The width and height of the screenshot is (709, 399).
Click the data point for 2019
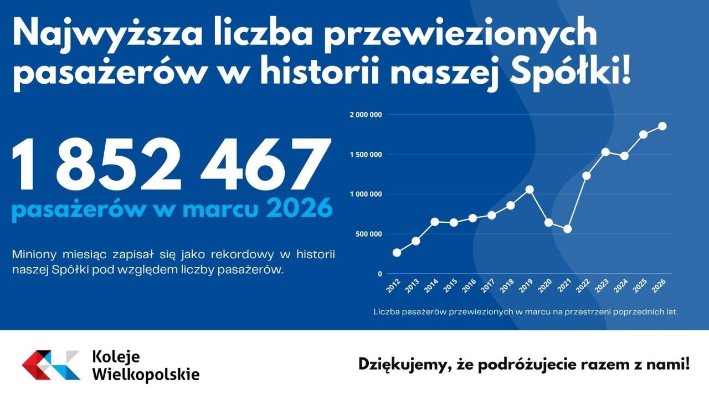coord(529,190)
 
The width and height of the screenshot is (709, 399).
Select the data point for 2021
coord(567,229)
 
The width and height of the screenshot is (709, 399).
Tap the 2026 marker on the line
coord(662,126)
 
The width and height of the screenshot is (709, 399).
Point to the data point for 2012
coord(397,253)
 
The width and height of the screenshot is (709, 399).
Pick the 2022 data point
coord(586,176)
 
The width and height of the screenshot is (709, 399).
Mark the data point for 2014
coord(435,222)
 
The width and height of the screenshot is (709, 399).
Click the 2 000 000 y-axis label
coord(366,115)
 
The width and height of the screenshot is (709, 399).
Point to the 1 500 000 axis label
coord(366,155)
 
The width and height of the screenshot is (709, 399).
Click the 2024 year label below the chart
coord(620,287)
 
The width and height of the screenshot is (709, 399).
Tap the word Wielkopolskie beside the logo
coord(146,374)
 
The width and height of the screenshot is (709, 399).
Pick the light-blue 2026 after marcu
coord(299,210)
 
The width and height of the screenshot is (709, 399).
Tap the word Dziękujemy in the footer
coord(404,365)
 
